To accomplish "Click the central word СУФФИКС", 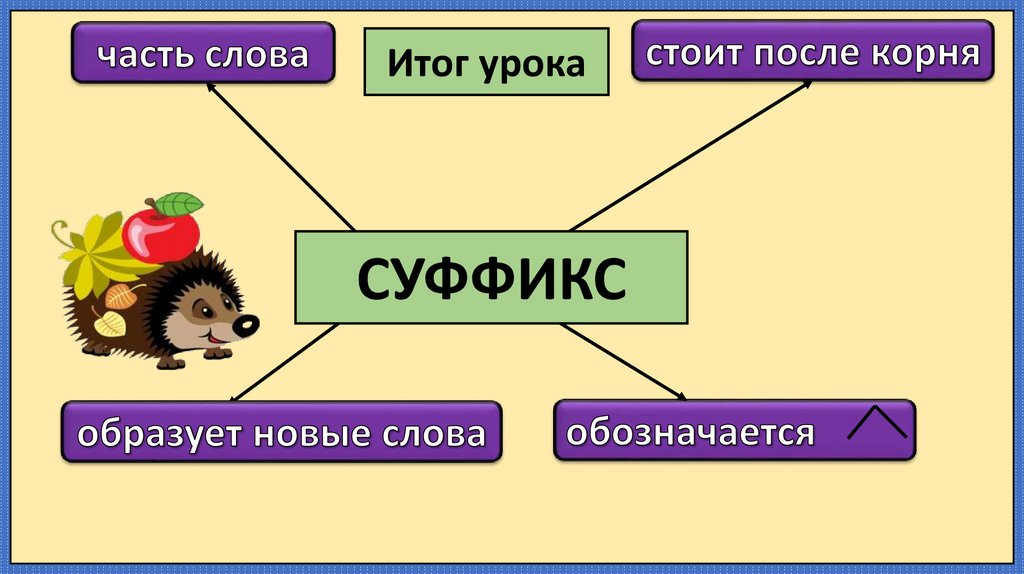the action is (x=491, y=278).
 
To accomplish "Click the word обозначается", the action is (x=690, y=433).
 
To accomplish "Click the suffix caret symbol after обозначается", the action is (x=877, y=423).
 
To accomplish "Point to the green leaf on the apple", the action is (x=180, y=204).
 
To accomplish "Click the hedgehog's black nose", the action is (x=246, y=325).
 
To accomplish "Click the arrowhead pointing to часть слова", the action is (x=209, y=87).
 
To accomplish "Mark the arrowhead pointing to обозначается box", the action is (x=681, y=395).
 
